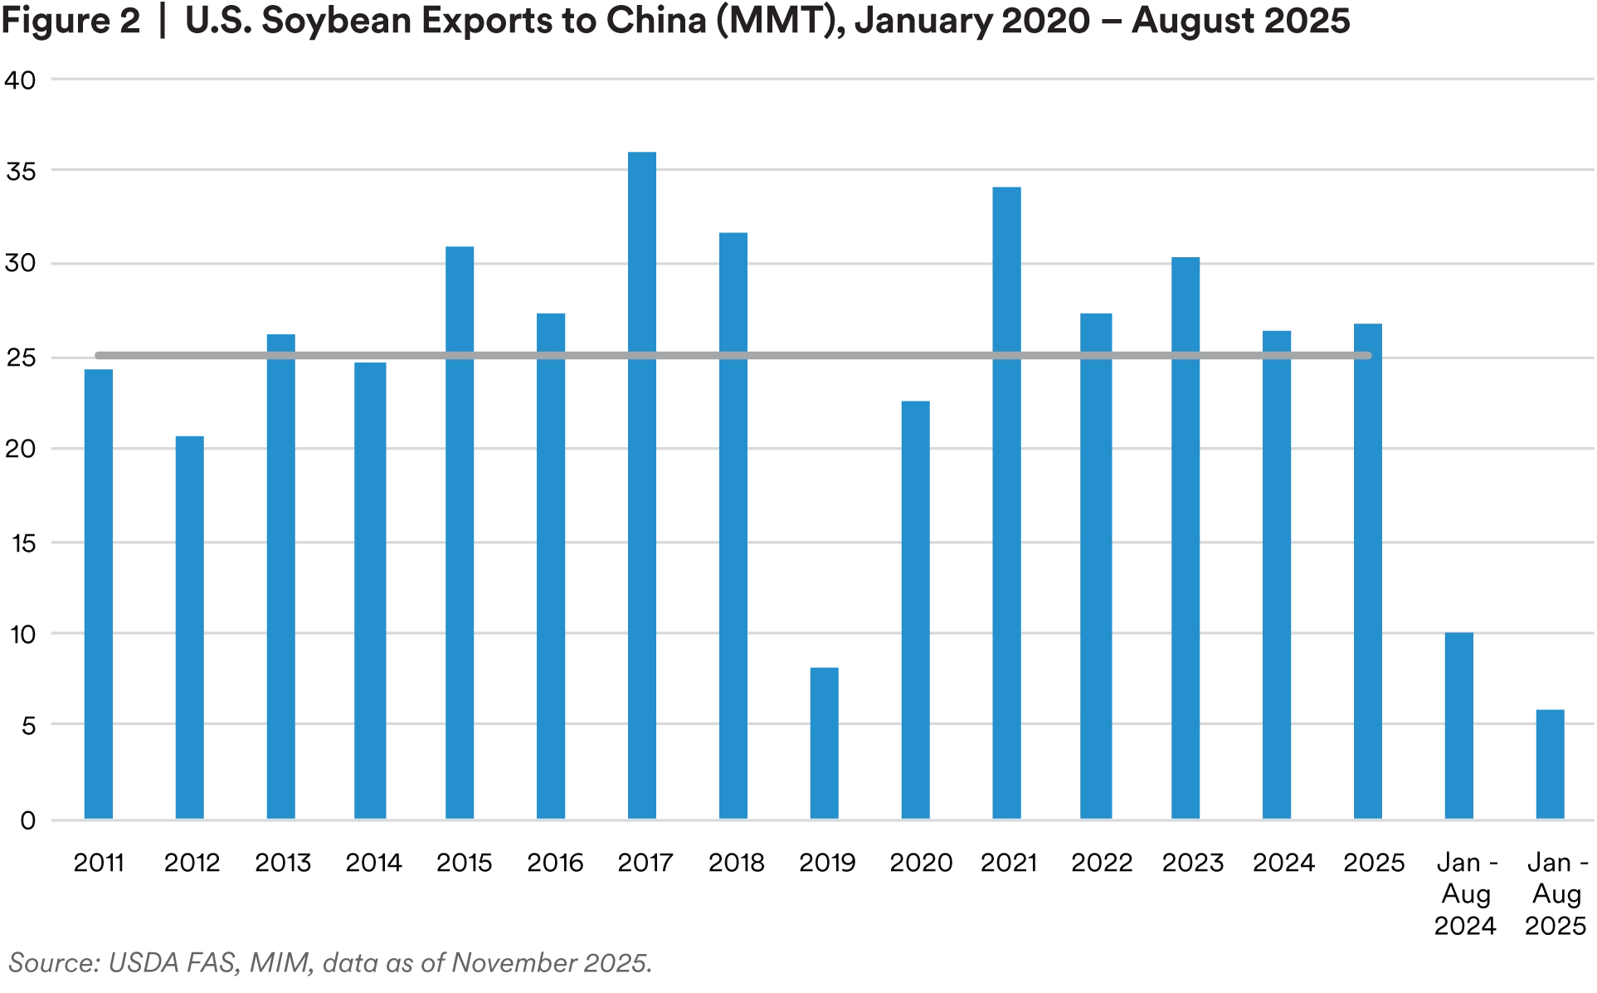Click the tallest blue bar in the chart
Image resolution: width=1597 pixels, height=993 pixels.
pyautogui.click(x=641, y=481)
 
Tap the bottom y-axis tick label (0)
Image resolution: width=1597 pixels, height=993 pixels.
pyautogui.click(x=28, y=820)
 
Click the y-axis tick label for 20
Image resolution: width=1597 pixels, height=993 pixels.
pyautogui.click(x=23, y=449)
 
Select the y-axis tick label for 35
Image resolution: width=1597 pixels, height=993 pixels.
pyautogui.click(x=23, y=173)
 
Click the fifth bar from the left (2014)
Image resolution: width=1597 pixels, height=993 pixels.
pyautogui.click(x=460, y=532)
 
